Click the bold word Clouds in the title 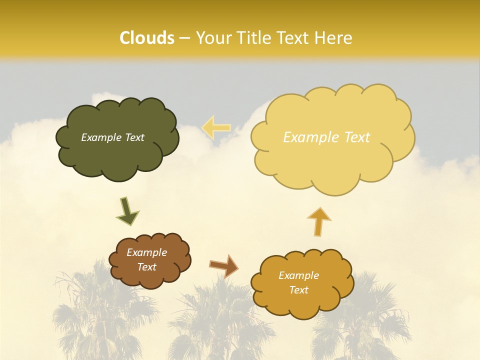click(x=147, y=38)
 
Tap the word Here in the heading click(x=333, y=38)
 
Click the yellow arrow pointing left click(x=215, y=127)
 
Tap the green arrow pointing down click(x=127, y=211)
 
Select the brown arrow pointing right click(x=223, y=265)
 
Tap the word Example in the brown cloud click(x=146, y=252)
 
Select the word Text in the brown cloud click(x=146, y=267)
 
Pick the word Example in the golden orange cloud click(x=298, y=275)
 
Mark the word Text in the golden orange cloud click(x=298, y=290)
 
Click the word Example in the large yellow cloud click(x=309, y=137)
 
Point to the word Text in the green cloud click(x=134, y=137)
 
